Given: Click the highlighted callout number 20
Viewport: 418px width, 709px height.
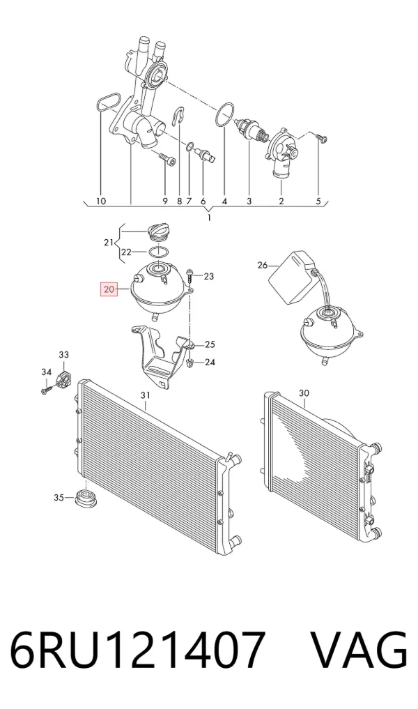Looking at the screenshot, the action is [x=109, y=289].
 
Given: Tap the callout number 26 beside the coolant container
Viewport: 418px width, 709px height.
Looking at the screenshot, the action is [x=263, y=266].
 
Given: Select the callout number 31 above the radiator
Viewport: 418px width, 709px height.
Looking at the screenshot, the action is [x=145, y=396].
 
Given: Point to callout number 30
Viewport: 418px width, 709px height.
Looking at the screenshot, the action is [x=304, y=393].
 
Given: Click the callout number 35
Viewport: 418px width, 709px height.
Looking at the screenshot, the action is [x=59, y=498].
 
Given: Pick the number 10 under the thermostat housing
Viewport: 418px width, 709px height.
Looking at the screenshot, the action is [x=101, y=201].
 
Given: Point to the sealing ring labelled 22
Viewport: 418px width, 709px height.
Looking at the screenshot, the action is [x=159, y=252].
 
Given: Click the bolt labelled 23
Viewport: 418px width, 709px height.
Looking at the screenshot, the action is [x=190, y=277].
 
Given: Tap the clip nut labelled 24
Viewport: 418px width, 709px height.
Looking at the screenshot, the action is [x=190, y=363].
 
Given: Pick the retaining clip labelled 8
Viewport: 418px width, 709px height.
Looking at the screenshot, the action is [x=179, y=116].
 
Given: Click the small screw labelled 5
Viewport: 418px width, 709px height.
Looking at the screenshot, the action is [x=322, y=138].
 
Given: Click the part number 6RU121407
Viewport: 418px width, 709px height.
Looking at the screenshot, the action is [x=137, y=650].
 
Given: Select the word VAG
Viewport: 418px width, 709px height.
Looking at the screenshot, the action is [x=359, y=650].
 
